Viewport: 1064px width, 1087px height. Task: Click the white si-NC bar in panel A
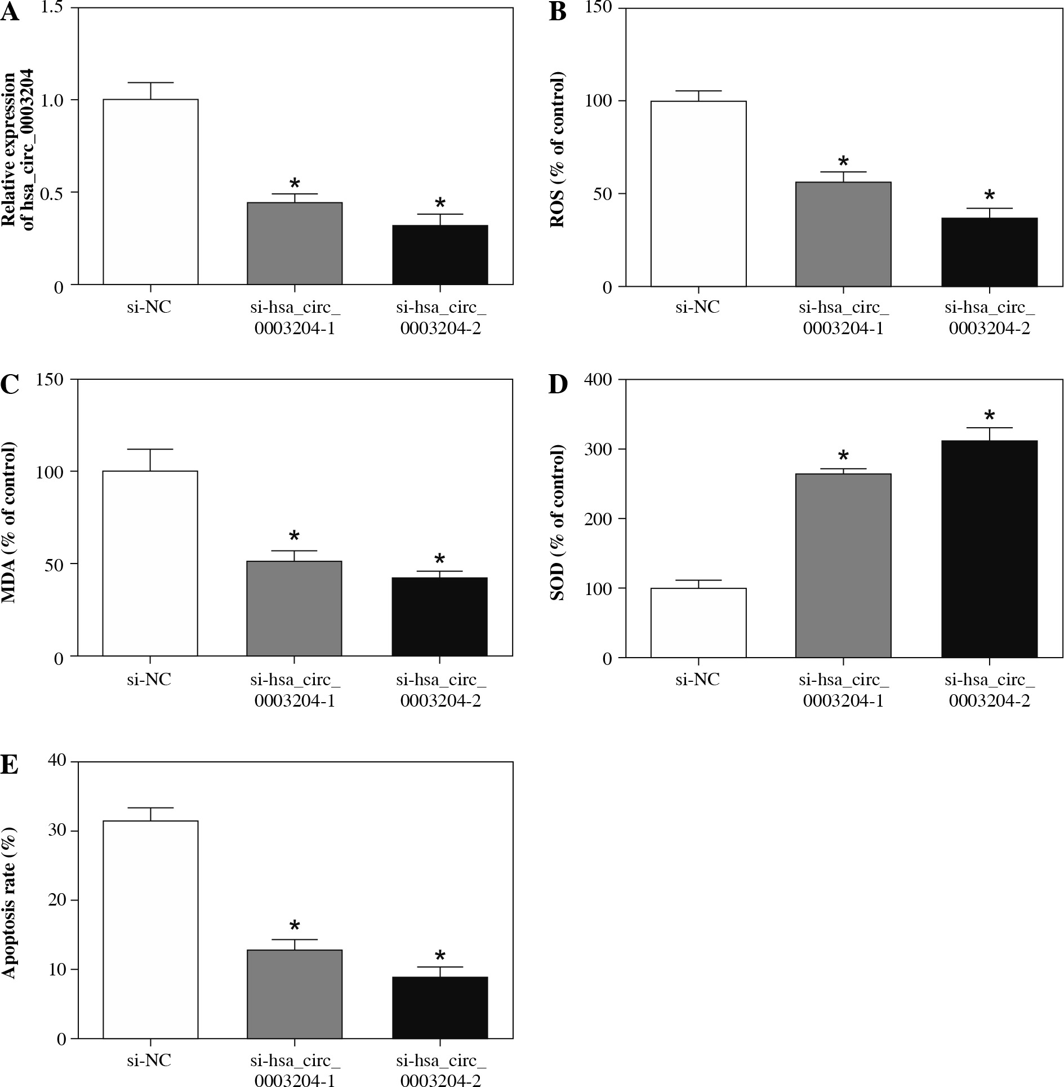(x=150, y=192)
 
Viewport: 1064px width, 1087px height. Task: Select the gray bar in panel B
(x=843, y=234)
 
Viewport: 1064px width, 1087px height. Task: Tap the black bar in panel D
(x=989, y=549)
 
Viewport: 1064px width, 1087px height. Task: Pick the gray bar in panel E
(x=295, y=994)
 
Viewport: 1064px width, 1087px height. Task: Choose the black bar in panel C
(x=439, y=616)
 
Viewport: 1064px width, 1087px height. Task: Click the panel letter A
(x=10, y=12)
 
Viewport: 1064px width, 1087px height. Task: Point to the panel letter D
(x=558, y=384)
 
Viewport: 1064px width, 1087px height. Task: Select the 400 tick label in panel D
(x=599, y=379)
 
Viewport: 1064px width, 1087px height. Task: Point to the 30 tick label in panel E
(x=55, y=831)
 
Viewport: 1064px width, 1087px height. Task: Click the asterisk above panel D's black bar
(x=989, y=416)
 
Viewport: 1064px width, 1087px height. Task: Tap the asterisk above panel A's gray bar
(x=295, y=183)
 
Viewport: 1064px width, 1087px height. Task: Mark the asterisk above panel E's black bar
(x=440, y=956)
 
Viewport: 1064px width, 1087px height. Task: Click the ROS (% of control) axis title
(x=558, y=149)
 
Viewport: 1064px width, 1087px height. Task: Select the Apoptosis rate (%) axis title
(x=10, y=902)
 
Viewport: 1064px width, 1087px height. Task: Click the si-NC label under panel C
(x=149, y=679)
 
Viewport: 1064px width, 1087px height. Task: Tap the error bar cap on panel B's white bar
(x=698, y=91)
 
